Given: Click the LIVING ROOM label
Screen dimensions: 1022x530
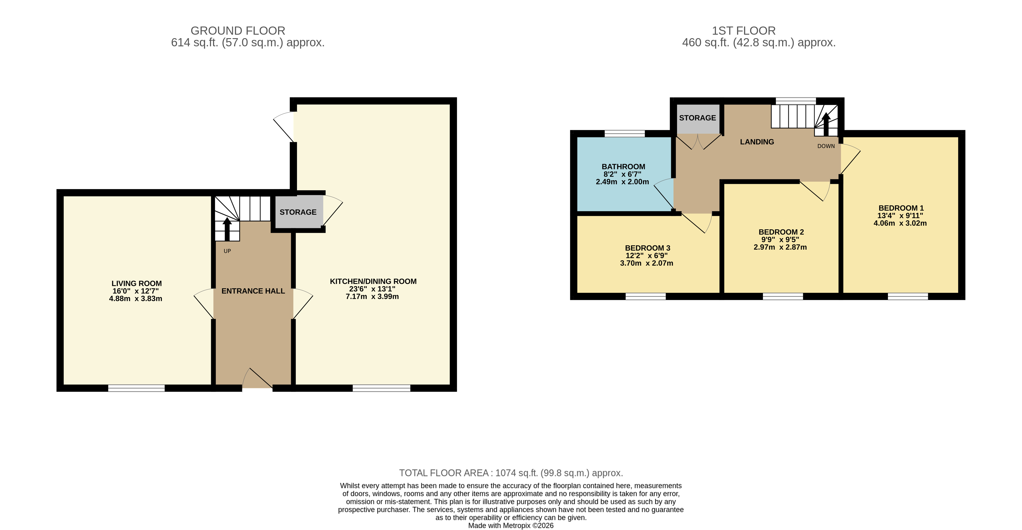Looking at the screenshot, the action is click(136, 283).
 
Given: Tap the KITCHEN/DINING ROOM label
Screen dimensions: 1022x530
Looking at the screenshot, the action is click(373, 281).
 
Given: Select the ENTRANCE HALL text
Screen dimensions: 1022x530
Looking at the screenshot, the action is click(253, 291).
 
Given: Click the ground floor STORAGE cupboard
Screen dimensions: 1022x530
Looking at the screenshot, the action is click(299, 212).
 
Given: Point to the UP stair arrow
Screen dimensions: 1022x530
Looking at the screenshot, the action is click(227, 229).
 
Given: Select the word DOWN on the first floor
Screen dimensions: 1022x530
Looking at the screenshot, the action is click(826, 146).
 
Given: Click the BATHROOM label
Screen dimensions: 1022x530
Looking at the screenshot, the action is click(623, 167).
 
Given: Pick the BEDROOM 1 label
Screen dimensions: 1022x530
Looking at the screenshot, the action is click(901, 208).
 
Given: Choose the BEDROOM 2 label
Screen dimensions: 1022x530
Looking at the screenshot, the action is click(781, 232).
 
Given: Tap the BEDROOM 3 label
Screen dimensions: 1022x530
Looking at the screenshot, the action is click(648, 248).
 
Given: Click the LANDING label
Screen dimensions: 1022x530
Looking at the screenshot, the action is click(757, 142).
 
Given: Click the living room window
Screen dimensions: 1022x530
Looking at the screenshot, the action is click(136, 388).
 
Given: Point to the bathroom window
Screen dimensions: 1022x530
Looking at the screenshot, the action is click(625, 134).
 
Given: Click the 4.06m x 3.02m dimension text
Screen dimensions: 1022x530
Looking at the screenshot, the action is click(900, 223).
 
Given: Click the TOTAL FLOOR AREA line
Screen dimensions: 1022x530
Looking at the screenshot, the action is click(511, 473).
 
